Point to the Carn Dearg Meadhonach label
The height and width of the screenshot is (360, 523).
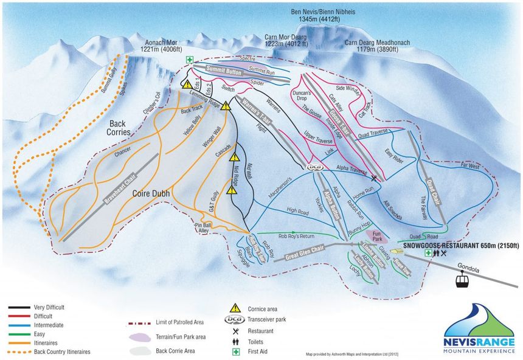pos(377,43)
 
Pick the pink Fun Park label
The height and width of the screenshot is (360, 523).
pos(380,235)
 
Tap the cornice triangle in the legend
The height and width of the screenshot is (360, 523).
pos(234,308)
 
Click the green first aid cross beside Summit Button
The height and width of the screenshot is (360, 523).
pos(190,60)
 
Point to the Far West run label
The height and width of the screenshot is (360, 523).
pos(471,165)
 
